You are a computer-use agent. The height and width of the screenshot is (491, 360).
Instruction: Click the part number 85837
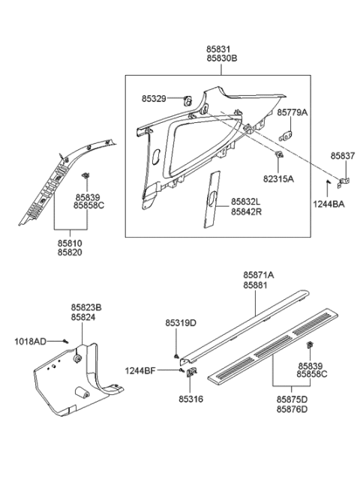[343, 157]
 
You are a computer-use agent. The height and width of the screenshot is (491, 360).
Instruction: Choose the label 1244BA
[328, 202]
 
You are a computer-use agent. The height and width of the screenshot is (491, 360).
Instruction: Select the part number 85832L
[245, 202]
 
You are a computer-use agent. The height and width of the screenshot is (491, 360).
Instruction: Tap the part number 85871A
[258, 276]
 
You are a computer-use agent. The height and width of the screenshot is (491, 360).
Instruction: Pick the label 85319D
[180, 323]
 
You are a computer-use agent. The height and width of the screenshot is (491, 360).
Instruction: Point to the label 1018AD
[31, 341]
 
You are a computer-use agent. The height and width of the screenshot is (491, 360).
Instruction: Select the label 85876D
[291, 409]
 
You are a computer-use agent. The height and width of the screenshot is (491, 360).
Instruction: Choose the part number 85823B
[86, 308]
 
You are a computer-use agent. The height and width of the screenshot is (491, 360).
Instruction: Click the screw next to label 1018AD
[65, 342]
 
